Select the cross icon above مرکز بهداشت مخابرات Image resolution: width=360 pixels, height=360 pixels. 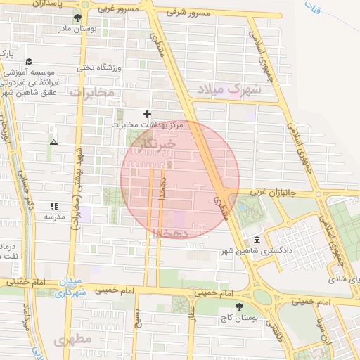[147, 114]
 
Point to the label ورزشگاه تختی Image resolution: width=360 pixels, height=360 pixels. [99, 67]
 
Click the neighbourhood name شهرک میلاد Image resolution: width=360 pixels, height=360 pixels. [238, 89]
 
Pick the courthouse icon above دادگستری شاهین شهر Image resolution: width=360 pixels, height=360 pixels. [258, 240]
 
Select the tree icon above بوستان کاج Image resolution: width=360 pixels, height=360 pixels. [240, 307]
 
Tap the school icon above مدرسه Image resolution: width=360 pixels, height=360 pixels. [54, 207]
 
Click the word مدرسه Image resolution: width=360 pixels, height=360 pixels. [54, 217]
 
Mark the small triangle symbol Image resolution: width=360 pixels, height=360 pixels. [53, 142]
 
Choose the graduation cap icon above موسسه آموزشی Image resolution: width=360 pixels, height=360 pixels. [29, 63]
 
